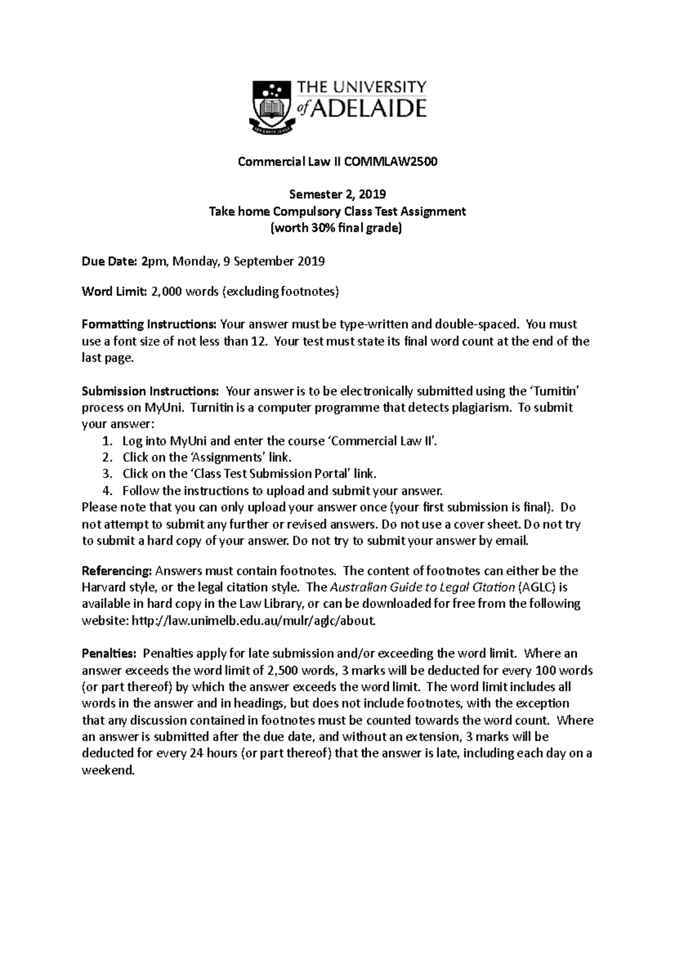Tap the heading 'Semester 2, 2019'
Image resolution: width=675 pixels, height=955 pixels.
point(337,195)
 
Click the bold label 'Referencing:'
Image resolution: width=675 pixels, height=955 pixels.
point(117,571)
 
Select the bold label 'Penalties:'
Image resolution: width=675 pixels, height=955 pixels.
point(109,654)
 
